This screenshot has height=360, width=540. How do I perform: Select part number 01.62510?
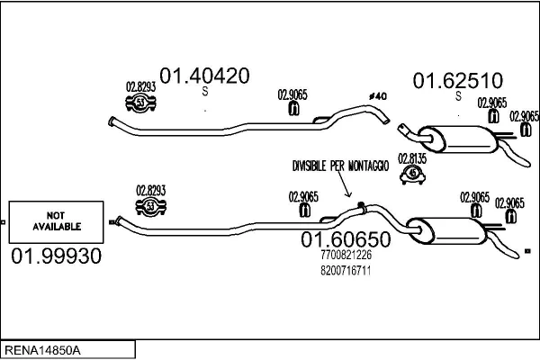(457, 81)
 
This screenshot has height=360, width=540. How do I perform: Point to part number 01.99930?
(56, 256)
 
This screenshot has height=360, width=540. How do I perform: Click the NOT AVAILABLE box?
(51, 221)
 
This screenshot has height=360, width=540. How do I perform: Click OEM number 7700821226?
(346, 256)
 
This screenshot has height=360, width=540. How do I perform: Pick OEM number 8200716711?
(346, 269)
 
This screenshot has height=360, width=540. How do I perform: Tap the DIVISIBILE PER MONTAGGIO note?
(340, 166)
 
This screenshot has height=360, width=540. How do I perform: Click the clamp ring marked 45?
(413, 174)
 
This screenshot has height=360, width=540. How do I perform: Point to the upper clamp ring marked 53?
(141, 103)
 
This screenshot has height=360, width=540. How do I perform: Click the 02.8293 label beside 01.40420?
(141, 86)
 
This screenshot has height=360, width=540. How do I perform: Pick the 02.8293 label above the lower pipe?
(151, 190)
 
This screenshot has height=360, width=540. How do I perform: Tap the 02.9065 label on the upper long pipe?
(292, 94)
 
